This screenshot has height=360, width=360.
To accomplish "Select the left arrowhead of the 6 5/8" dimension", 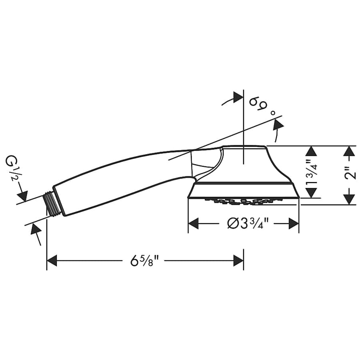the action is click(x=52, y=260).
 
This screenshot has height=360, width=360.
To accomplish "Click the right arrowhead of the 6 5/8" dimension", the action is click(x=238, y=260).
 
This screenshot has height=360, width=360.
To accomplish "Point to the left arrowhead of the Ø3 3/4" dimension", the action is click(x=193, y=223).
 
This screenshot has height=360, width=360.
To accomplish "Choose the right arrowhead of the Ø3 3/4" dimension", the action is click(x=294, y=223).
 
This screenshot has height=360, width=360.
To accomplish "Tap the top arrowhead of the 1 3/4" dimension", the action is click(x=312, y=151).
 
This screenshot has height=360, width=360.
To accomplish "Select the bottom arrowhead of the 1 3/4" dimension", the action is click(x=312, y=193).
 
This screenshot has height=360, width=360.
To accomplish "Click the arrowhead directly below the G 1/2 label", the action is click(x=23, y=196).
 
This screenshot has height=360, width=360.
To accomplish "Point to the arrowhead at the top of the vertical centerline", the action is click(x=238, y=98).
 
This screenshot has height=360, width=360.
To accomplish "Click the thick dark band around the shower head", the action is click(x=244, y=183).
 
